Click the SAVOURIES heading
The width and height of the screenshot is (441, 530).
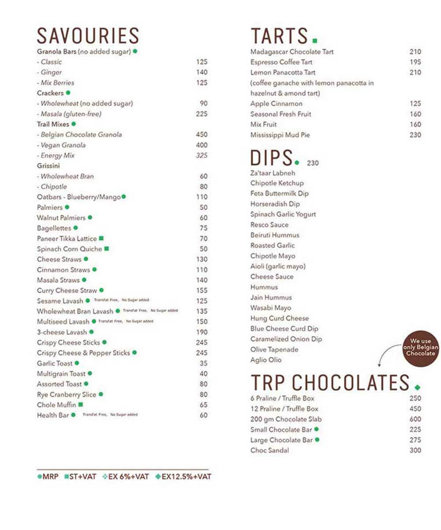click(x=88, y=36)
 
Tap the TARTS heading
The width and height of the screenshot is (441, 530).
click(x=279, y=36)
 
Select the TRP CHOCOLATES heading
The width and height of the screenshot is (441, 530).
click(x=330, y=382)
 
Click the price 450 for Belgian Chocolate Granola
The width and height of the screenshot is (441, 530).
click(x=202, y=135)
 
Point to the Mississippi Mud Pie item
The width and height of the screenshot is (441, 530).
click(x=280, y=135)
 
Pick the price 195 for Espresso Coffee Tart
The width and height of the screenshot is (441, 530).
click(x=415, y=62)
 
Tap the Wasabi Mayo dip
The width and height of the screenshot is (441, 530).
click(x=271, y=308)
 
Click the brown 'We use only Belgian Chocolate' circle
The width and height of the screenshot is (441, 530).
click(x=420, y=347)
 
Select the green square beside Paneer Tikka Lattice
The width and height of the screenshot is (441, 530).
click(x=101, y=238)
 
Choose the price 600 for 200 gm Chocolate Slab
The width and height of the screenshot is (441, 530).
click(x=415, y=419)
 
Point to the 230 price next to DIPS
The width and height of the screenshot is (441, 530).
click(x=313, y=163)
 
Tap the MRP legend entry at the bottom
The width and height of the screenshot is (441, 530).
click(x=48, y=477)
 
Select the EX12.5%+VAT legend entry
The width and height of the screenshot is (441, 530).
click(x=183, y=477)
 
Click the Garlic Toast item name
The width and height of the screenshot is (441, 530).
click(x=55, y=363)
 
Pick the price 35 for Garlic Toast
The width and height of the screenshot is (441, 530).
click(x=203, y=363)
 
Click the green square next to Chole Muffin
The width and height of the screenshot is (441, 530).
click(x=81, y=405)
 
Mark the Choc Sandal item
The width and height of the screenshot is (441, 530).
click(x=269, y=450)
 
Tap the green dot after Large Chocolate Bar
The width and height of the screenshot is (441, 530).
click(x=317, y=440)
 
